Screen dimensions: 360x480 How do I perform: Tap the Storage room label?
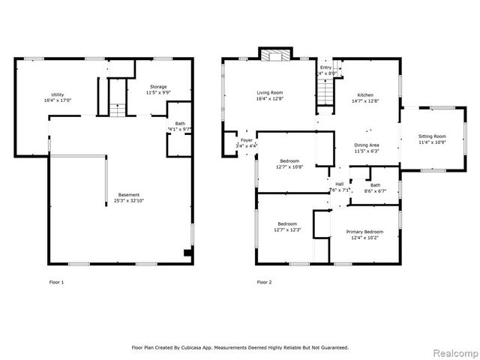click(157, 87)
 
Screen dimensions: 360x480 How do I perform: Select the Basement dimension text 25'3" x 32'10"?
click(127, 201)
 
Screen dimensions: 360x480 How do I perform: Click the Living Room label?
click(269, 93)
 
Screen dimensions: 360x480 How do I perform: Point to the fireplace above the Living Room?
click(275, 54)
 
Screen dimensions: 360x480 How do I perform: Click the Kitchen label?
click(365, 94)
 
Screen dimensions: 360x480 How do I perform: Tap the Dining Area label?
click(366, 145)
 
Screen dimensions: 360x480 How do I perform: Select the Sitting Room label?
click(432, 136)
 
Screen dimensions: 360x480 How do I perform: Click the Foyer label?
click(245, 140)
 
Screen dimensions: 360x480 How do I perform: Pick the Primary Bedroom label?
click(364, 232)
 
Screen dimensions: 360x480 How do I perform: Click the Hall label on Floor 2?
click(339, 184)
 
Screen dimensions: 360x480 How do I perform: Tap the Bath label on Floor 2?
click(374, 184)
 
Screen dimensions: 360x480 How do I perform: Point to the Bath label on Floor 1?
click(180, 124)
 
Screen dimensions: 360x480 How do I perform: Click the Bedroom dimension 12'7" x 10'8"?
click(290, 166)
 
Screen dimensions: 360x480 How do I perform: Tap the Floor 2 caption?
click(263, 282)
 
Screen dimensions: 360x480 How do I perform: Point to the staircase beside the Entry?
click(325, 94)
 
